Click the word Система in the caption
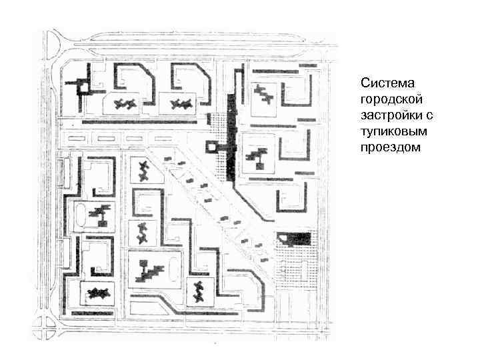click(387, 83)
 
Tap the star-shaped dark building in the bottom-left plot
click(99, 293)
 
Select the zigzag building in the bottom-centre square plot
click(198, 291)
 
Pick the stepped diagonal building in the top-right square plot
click(265, 95)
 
